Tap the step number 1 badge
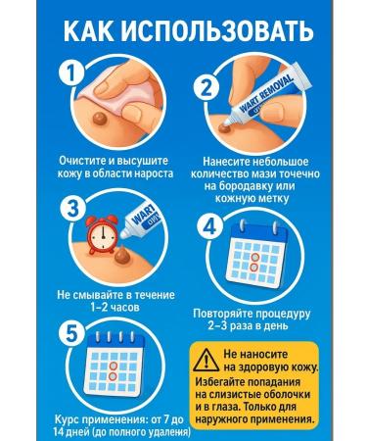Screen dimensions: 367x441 tap(71, 73)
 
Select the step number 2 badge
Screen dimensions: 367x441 tap(206, 86)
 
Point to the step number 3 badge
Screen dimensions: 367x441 tap(72, 209)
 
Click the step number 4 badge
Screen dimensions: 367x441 tap(210, 226)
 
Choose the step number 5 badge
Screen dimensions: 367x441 tap(71, 334)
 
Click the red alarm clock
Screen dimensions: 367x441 tap(102, 233)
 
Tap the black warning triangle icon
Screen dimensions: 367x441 tap(206, 360)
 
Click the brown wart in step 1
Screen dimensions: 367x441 tap(101, 118)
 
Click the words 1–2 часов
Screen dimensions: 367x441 tap(115, 307)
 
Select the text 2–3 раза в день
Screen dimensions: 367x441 tap(249, 325)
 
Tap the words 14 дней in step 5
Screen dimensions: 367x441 tap(71, 432)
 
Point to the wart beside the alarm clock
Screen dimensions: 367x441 tap(124, 255)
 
